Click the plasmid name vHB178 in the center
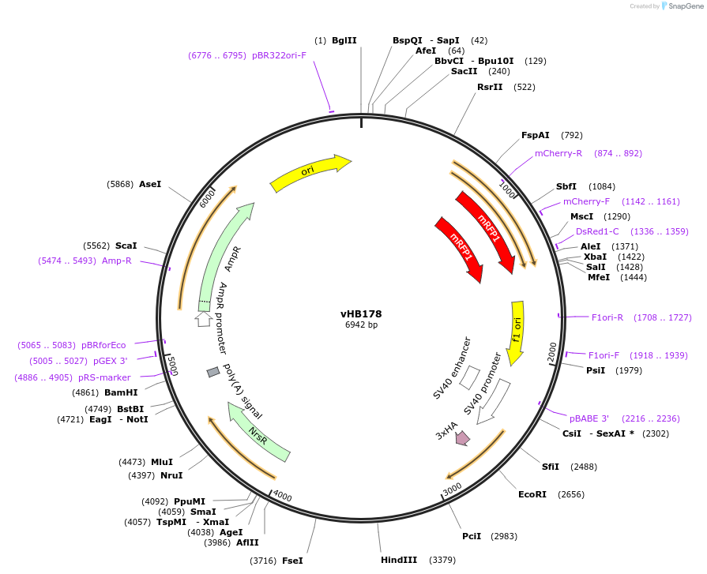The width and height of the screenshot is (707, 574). coord(361,313)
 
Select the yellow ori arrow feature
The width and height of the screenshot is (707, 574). coord(310,174)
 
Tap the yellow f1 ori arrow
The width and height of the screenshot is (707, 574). coord(517,332)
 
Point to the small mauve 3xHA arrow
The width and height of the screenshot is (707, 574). coord(462,437)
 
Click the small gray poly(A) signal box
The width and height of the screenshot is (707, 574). coord(212,372)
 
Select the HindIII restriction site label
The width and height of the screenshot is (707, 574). coord(399,560)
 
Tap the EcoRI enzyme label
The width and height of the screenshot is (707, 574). coord(532,494)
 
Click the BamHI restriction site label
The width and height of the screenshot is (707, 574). coord(121,392)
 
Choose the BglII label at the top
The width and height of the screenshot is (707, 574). coord(344,40)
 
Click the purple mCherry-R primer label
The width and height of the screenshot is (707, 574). coord(558,153)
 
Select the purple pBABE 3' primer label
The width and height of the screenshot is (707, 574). coord(589,418)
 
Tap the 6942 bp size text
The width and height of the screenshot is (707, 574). coord(361,325)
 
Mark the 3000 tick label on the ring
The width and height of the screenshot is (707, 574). coord(452,490)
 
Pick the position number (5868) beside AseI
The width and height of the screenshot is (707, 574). coord(120,184)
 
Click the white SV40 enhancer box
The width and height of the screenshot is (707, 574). coord(468,377)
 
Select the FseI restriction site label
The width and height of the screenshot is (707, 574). coord(292,561)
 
